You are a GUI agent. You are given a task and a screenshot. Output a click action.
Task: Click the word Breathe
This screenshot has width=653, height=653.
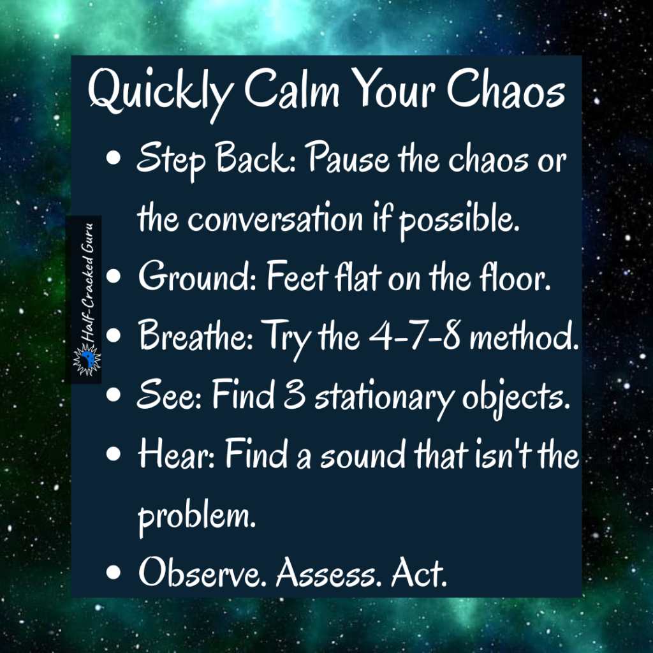pos(191,338)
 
